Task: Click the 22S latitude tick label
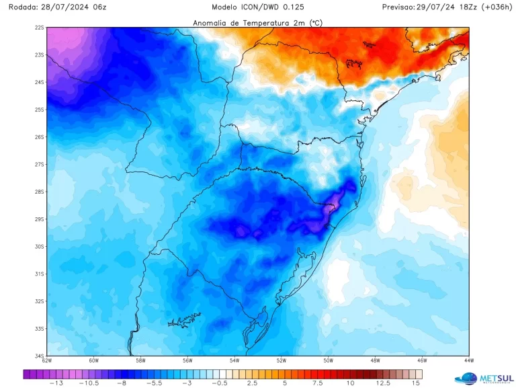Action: [x=40, y=28]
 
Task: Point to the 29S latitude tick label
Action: [x=40, y=219]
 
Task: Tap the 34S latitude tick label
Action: [x=40, y=356]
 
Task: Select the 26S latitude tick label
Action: [x=40, y=137]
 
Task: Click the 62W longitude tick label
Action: [x=46, y=361]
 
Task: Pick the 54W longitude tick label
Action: [x=234, y=361]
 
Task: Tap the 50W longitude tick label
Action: [x=328, y=361]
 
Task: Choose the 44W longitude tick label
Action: [x=468, y=361]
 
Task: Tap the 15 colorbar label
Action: [x=417, y=383]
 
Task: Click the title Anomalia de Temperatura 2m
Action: [x=257, y=23]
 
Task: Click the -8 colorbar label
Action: [x=122, y=383]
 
